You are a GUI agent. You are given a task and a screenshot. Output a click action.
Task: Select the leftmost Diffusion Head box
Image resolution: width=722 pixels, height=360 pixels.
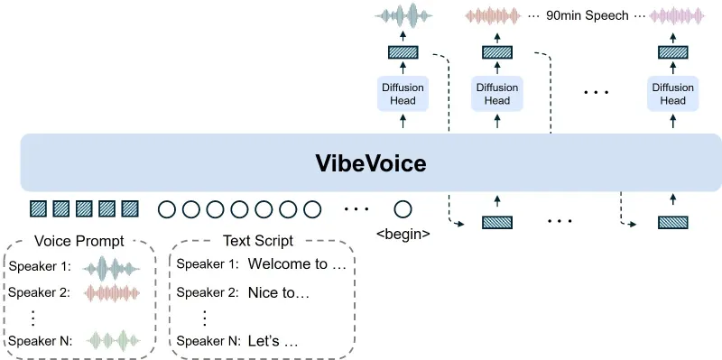point(402,94)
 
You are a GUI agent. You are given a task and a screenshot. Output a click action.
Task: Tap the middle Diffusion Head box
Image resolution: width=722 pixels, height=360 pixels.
point(497,94)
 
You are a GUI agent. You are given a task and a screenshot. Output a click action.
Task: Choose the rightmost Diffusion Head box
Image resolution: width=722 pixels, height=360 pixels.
point(672,94)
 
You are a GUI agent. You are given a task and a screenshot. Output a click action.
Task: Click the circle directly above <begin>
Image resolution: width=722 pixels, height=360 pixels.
point(403,209)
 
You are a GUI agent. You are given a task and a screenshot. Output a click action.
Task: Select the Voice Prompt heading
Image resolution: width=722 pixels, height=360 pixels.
point(79,241)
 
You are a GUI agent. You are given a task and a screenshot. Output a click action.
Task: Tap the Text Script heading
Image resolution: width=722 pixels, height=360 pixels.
point(261,241)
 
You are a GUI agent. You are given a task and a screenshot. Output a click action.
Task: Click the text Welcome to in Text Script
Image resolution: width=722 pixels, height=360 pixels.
point(297,265)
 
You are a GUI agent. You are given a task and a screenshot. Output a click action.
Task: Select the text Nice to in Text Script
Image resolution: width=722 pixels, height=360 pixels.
point(279,293)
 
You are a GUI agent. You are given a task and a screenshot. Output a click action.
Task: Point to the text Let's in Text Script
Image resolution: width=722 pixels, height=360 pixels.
point(273,342)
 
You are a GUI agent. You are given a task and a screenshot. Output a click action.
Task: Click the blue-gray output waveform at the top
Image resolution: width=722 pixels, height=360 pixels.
point(402,15)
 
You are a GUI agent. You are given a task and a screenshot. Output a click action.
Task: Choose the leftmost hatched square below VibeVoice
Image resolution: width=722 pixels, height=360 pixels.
point(39,209)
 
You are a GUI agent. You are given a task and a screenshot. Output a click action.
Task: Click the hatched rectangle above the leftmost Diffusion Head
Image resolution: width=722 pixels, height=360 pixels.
point(402,51)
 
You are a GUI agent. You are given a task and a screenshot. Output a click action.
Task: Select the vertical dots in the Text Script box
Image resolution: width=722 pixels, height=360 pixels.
point(205,317)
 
